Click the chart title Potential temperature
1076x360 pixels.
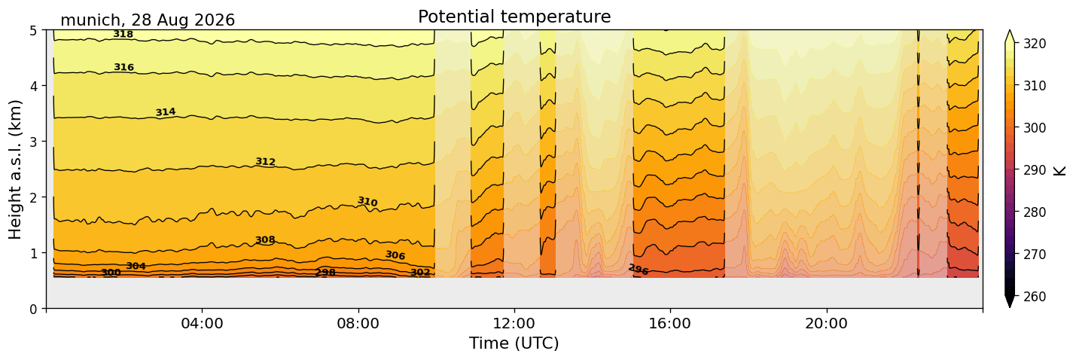pos(514,17)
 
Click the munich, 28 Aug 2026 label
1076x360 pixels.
pos(148,20)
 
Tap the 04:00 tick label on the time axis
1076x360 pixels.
pos(203,323)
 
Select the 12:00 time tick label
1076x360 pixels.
pos(514,323)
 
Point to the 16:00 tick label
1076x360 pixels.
pos(670,323)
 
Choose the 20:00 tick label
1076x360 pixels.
pos(826,323)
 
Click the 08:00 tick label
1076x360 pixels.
pos(358,323)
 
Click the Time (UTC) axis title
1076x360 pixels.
pos(514,343)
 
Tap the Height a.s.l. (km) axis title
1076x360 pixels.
pos(15,169)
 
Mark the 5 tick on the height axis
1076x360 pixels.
pos(34,31)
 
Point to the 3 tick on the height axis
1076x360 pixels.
pos(34,142)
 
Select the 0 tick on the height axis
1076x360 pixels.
pos(34,309)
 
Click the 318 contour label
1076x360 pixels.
pos(123,34)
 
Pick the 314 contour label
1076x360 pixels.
pos(166,112)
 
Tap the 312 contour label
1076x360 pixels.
pos(265,161)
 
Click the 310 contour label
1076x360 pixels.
pos(368,201)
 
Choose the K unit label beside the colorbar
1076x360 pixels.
pos(1059,170)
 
